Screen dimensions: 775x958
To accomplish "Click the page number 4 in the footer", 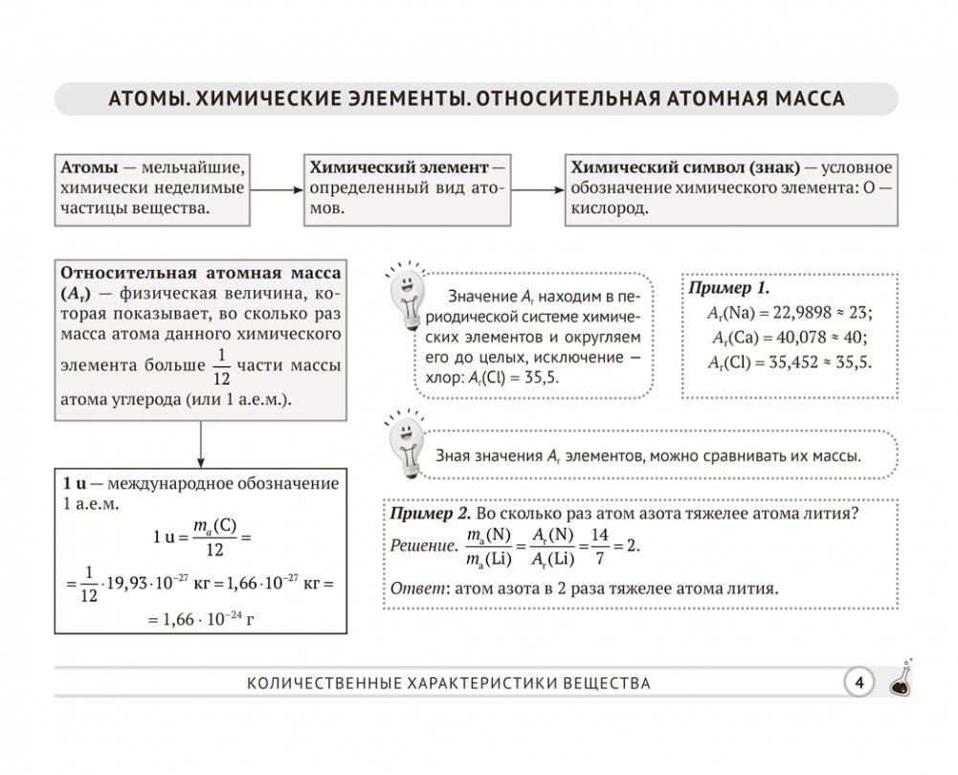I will (x=859, y=682).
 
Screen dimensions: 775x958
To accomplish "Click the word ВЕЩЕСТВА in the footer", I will (x=594, y=683).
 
